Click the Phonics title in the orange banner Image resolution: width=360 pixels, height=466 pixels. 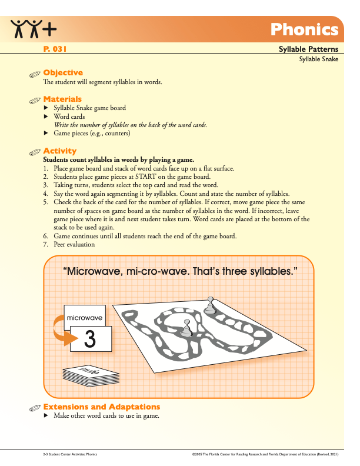coord(304,29)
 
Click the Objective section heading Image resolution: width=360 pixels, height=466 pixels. coord(63,73)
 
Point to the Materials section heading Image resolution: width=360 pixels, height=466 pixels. coord(62,99)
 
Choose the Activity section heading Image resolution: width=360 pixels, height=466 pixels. coord(60,151)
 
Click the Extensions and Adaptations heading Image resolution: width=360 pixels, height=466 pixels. coord(102,407)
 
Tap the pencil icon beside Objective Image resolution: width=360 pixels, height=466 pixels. coord(36,74)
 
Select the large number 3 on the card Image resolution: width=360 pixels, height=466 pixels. coord(89,338)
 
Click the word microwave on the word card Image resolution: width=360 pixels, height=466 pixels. coord(85,318)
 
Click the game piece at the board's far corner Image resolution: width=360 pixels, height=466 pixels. coord(209,305)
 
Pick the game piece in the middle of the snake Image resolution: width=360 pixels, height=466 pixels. coord(186,328)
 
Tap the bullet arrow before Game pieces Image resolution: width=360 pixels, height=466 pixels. coord(47,134)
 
